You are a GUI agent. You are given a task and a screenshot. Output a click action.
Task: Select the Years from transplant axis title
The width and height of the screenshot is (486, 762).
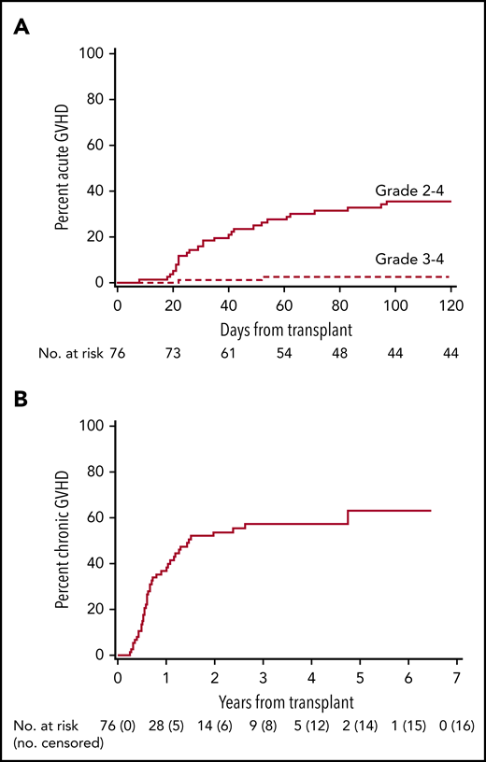point(286,697)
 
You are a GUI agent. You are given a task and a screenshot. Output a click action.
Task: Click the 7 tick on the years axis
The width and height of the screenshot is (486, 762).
point(455,674)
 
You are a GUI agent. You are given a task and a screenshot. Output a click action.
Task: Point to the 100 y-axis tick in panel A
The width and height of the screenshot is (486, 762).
point(91,53)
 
